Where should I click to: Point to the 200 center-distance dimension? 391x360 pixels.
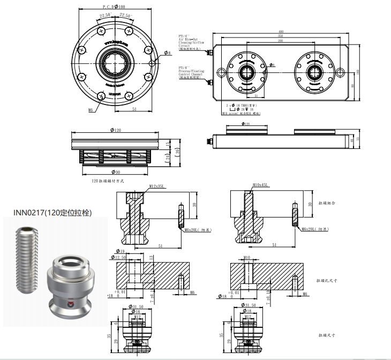[280, 41]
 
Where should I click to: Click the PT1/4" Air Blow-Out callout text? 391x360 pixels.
[190, 42]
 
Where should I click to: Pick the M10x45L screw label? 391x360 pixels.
[260, 185]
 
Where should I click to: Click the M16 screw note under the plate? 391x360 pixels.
[241, 114]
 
